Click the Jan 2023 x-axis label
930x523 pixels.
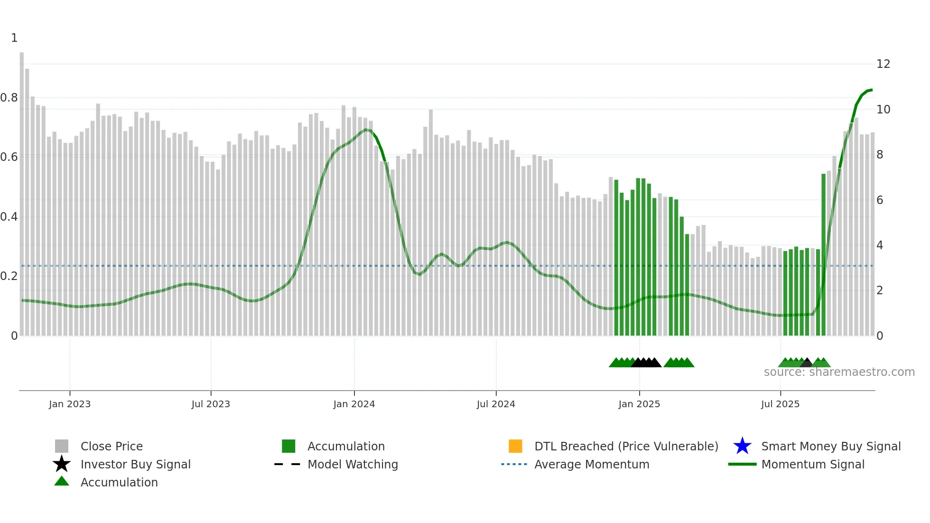(x=69, y=404)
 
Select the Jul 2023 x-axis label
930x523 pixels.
(x=211, y=404)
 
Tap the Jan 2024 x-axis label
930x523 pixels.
(x=354, y=404)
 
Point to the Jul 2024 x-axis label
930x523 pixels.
(x=496, y=404)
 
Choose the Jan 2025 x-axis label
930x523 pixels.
(x=639, y=404)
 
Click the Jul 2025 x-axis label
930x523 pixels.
(x=780, y=404)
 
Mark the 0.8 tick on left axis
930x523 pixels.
(x=9, y=98)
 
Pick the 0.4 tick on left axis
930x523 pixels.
(x=9, y=217)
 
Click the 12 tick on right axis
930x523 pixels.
(x=883, y=64)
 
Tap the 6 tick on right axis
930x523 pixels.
(x=880, y=200)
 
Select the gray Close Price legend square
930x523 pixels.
(x=62, y=446)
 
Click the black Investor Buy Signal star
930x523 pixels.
(x=62, y=464)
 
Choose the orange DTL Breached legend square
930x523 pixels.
(x=515, y=446)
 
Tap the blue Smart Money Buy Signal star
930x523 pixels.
(x=742, y=446)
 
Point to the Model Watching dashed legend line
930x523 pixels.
(x=287, y=464)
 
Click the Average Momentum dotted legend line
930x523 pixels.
(x=514, y=464)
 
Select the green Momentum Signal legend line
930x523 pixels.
(x=742, y=464)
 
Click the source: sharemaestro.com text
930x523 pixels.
(x=839, y=372)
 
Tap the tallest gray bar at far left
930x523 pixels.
(x=22, y=190)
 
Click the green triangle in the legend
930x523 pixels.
(x=62, y=482)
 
